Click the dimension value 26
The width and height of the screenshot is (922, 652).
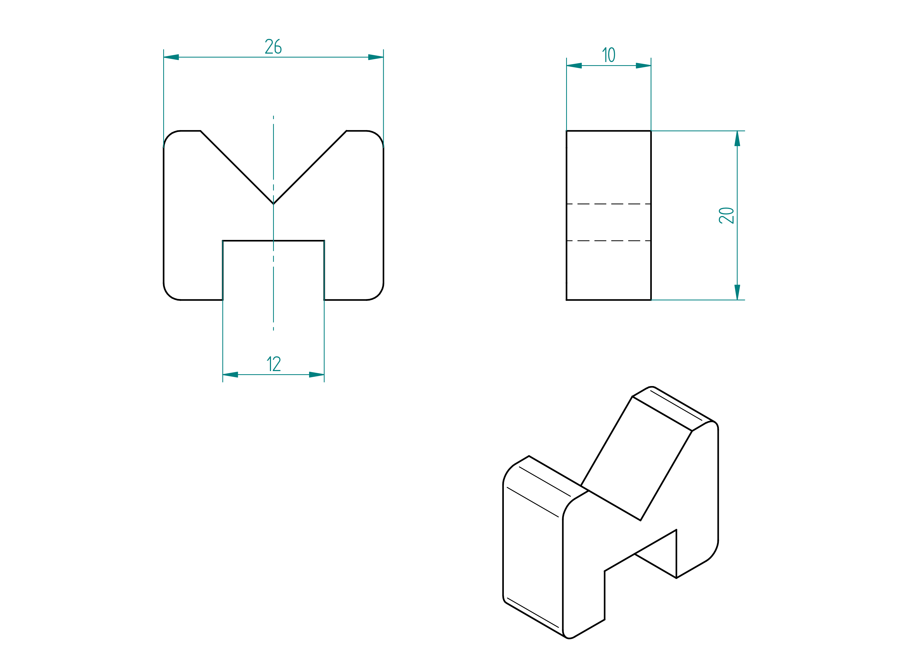(273, 47)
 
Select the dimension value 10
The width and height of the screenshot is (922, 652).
(609, 55)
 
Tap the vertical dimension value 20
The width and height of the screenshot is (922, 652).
(726, 215)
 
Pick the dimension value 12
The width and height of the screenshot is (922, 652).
(274, 364)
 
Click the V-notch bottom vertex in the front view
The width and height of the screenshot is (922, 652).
(273, 204)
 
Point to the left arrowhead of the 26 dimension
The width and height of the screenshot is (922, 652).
(171, 57)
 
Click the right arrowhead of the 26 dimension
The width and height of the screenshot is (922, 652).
(376, 57)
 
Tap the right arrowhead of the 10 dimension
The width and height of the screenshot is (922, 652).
(643, 65)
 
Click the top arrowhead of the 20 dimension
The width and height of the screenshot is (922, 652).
(737, 138)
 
